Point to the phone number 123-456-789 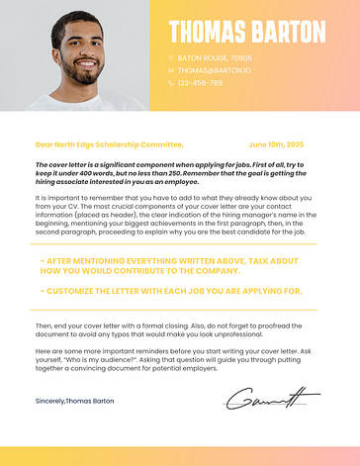200,83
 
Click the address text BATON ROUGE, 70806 215,58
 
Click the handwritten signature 270,400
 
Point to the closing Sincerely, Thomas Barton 74,402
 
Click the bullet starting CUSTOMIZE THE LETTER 170,291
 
